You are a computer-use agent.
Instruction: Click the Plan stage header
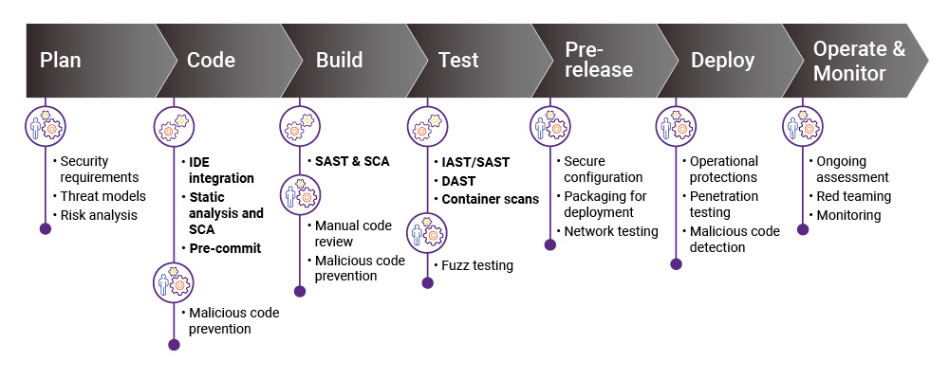[x=61, y=61]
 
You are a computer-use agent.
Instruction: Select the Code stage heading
[x=211, y=61]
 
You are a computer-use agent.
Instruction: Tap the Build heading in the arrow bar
[x=339, y=61]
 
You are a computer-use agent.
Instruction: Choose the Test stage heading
[x=458, y=61]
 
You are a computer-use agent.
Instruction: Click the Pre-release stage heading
[x=599, y=61]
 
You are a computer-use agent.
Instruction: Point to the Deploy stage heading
[x=722, y=61]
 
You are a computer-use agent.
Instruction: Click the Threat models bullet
[x=102, y=196]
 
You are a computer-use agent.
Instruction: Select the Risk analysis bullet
[x=99, y=216]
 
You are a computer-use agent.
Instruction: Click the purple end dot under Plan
[x=45, y=228]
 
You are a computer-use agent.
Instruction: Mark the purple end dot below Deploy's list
[x=676, y=263]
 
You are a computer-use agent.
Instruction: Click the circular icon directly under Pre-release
[x=550, y=126]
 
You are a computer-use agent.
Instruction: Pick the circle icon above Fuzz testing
[x=427, y=232]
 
